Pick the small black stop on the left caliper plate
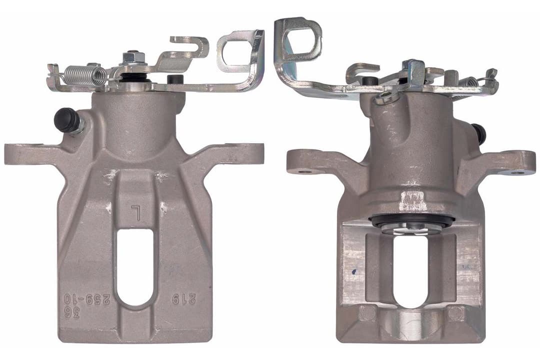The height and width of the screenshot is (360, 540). coord(174,79)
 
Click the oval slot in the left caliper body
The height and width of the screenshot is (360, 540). coord(134,267)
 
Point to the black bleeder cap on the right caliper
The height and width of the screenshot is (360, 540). coord(479,133)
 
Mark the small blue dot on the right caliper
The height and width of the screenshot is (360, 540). coord(354,272)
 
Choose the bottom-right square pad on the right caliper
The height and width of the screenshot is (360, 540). coord(454,313)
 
